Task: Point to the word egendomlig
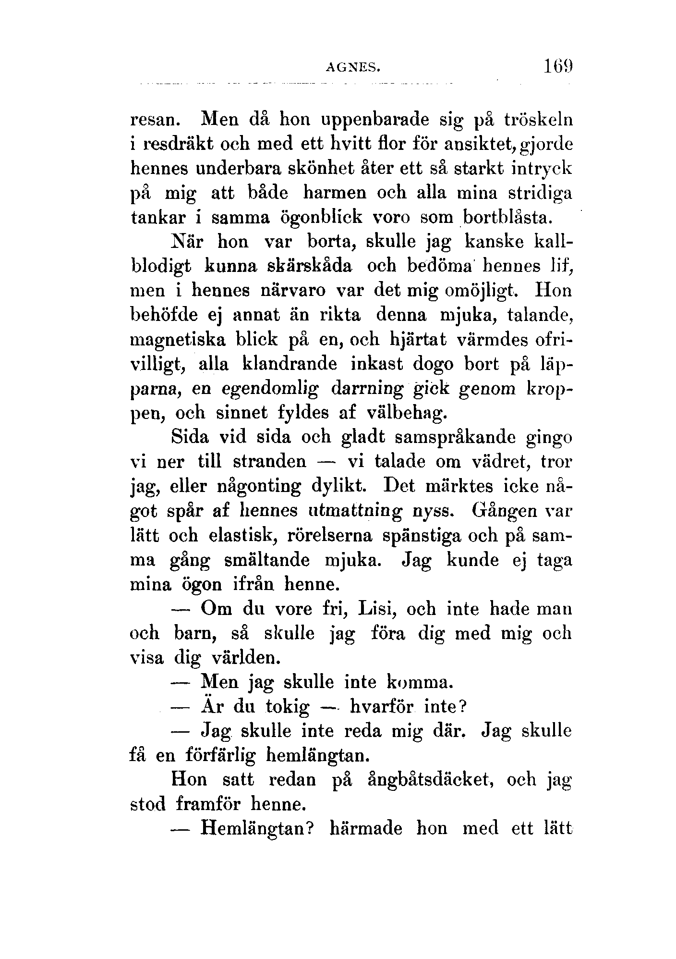point(271,389)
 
